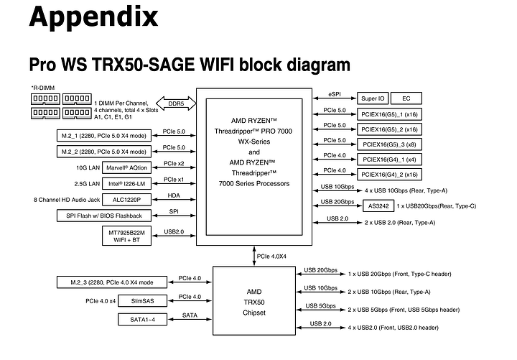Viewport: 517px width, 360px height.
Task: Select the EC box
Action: click(406, 98)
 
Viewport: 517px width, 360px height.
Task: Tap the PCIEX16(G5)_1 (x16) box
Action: click(389, 114)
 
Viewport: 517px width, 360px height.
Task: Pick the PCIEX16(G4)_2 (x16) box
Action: click(389, 175)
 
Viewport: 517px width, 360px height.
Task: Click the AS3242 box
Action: click(379, 206)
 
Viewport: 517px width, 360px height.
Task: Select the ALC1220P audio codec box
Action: click(127, 199)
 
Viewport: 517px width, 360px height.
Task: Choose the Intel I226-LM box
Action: click(127, 183)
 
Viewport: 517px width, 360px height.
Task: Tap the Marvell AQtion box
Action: click(127, 168)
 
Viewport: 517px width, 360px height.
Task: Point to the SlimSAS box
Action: click(141, 300)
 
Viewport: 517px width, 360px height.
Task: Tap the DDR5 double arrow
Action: click(176, 103)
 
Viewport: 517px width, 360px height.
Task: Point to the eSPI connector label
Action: click(335, 93)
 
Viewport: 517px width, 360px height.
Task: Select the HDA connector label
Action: click(174, 195)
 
